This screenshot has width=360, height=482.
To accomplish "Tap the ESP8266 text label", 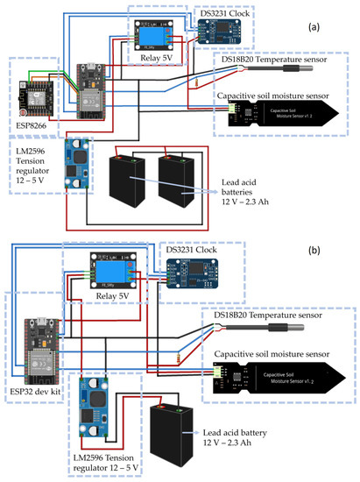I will tap(29, 124).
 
